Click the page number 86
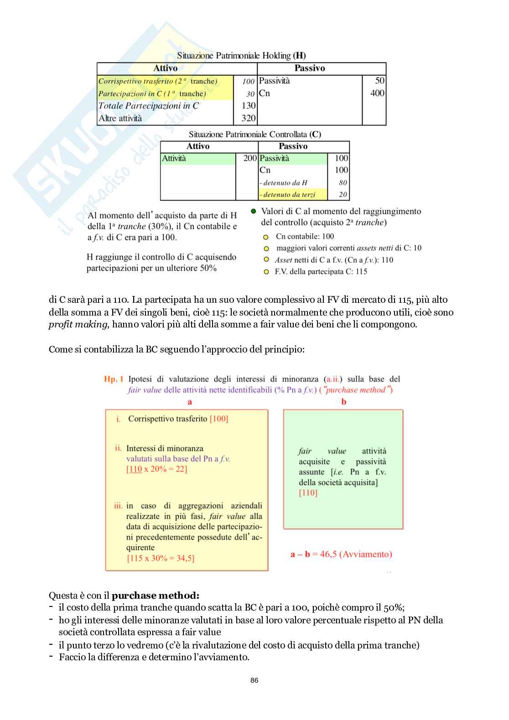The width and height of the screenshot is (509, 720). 254,680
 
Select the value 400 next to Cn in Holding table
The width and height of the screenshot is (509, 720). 377,93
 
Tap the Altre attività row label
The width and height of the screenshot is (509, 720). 120,118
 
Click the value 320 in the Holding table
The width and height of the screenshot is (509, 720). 249,118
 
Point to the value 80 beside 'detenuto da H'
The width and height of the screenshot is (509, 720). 343,183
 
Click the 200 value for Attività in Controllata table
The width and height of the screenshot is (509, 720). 250,158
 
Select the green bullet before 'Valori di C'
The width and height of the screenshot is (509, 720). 254,212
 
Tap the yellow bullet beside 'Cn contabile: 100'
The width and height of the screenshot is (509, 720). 266,237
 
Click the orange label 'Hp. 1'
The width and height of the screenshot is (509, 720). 114,379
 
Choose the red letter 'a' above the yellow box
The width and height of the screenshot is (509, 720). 190,402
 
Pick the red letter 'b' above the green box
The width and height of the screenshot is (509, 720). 344,402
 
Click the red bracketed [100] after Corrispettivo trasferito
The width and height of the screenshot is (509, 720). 219,419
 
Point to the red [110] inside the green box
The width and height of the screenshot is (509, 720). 308,493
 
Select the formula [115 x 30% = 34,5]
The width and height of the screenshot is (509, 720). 161,558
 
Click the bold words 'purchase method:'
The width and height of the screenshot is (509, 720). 156,596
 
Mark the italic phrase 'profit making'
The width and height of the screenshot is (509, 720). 78,325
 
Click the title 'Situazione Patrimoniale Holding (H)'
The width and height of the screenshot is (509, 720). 241,56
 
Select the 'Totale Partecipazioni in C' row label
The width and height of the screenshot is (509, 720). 149,106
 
